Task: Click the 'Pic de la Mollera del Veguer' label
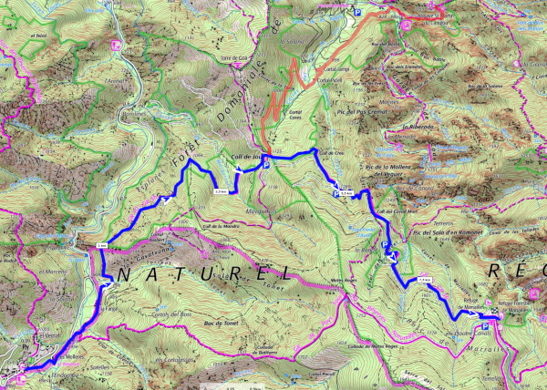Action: coord(390,170)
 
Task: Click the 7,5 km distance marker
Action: coord(423,280)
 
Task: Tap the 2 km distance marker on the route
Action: coord(101,246)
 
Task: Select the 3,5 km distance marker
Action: coord(220,191)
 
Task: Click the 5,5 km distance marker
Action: coord(346,193)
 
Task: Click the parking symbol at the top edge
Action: coord(357,12)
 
